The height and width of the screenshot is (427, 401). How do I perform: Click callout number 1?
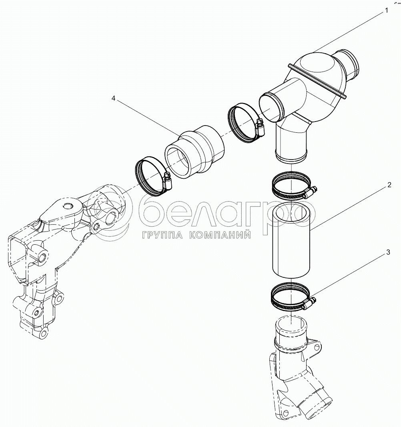386,11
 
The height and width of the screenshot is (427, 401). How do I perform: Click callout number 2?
389,185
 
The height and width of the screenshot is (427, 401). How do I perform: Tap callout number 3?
388,252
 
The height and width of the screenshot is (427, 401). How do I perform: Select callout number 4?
113,98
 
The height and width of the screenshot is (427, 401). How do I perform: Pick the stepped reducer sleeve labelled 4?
194,152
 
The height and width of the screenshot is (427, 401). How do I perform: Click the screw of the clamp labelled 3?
311,302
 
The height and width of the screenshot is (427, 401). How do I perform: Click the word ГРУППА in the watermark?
162,235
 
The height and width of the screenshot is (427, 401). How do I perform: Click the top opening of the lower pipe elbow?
291,324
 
